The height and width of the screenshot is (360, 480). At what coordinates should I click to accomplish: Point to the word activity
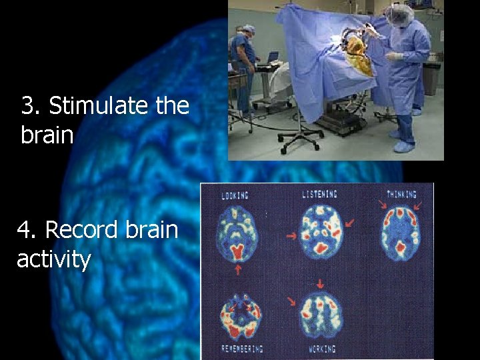[53, 259]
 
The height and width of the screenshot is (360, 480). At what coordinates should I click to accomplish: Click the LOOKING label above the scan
[235, 195]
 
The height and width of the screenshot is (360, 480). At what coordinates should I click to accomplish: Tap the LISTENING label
[319, 194]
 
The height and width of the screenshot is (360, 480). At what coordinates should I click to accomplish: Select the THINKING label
[401, 195]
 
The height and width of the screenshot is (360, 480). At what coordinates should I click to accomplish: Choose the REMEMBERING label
[241, 349]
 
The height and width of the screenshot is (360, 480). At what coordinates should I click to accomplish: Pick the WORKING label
[323, 349]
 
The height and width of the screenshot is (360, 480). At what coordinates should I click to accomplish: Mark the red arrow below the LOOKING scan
[238, 269]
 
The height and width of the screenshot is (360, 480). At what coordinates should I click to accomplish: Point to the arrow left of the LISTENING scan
[290, 235]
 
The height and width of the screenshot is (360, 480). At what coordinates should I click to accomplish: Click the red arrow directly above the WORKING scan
[291, 301]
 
